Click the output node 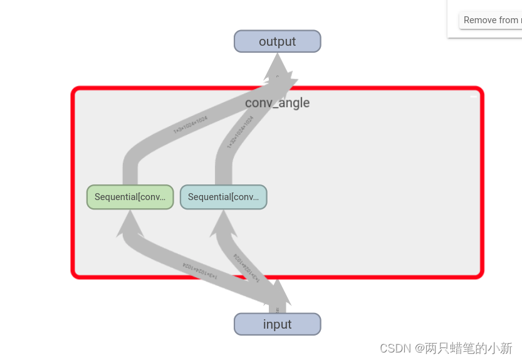pos(277,41)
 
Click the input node pos(277,324)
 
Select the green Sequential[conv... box pos(130,197)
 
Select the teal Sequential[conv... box pos(223,197)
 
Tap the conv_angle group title pos(277,103)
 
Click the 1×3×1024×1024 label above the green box pos(191,125)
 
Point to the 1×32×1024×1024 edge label pos(240,131)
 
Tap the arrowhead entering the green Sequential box pos(130,222)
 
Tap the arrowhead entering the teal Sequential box pos(223,222)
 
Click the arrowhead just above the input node pos(277,295)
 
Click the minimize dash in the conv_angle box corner pos(473,97)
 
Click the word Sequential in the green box pos(116,197)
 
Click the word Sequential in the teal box pos(209,197)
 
